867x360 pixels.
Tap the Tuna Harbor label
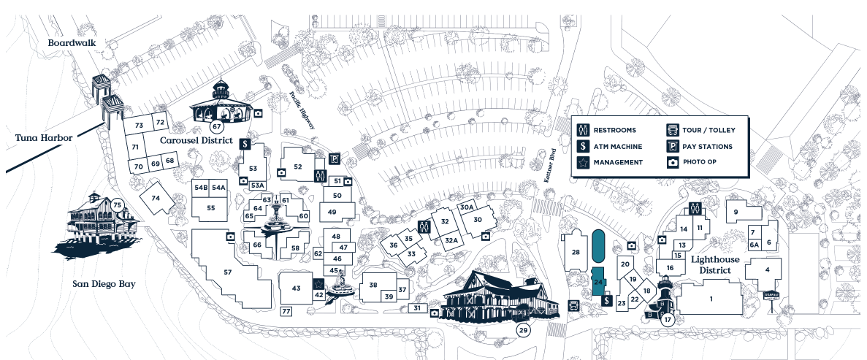[40, 137]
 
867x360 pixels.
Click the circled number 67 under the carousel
[216, 128]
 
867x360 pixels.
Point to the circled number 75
[117, 205]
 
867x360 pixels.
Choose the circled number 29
[523, 330]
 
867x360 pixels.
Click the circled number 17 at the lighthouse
[667, 319]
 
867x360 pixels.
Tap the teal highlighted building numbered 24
[598, 281]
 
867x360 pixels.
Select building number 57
[227, 272]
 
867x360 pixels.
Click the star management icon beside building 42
[318, 283]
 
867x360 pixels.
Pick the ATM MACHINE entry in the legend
[618, 146]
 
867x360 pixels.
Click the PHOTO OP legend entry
[704, 162]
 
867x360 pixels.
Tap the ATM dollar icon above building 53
[245, 144]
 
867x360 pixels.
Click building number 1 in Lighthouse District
[711, 299]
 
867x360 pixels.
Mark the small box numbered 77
[286, 312]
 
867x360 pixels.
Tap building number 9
[736, 212]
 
